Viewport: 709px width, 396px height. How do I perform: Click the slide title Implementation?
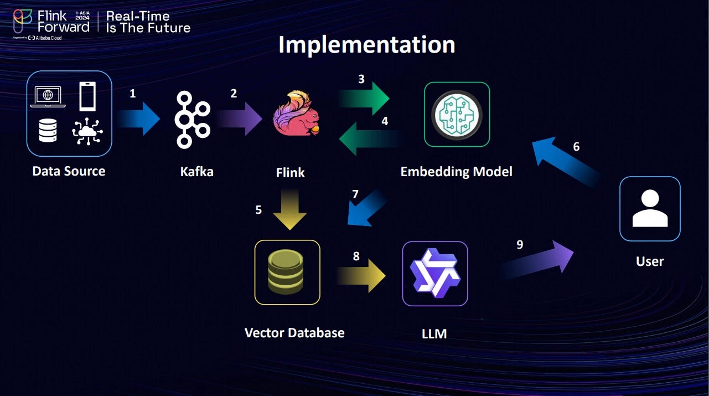click(366, 45)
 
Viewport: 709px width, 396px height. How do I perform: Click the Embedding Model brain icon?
click(457, 115)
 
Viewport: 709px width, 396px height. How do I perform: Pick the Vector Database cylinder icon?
click(287, 272)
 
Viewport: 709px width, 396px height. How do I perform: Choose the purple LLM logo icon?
click(434, 274)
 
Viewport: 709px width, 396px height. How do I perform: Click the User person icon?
click(649, 208)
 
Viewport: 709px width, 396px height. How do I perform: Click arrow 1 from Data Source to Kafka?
click(138, 119)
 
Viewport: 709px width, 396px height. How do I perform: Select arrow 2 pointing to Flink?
click(239, 119)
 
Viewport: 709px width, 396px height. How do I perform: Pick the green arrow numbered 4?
click(370, 138)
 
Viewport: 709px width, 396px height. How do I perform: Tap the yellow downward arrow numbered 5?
click(290, 209)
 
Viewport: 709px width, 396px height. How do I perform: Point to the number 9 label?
click(520, 244)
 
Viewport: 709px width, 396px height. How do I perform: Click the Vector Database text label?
click(294, 333)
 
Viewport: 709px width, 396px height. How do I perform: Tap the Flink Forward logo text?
click(63, 21)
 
